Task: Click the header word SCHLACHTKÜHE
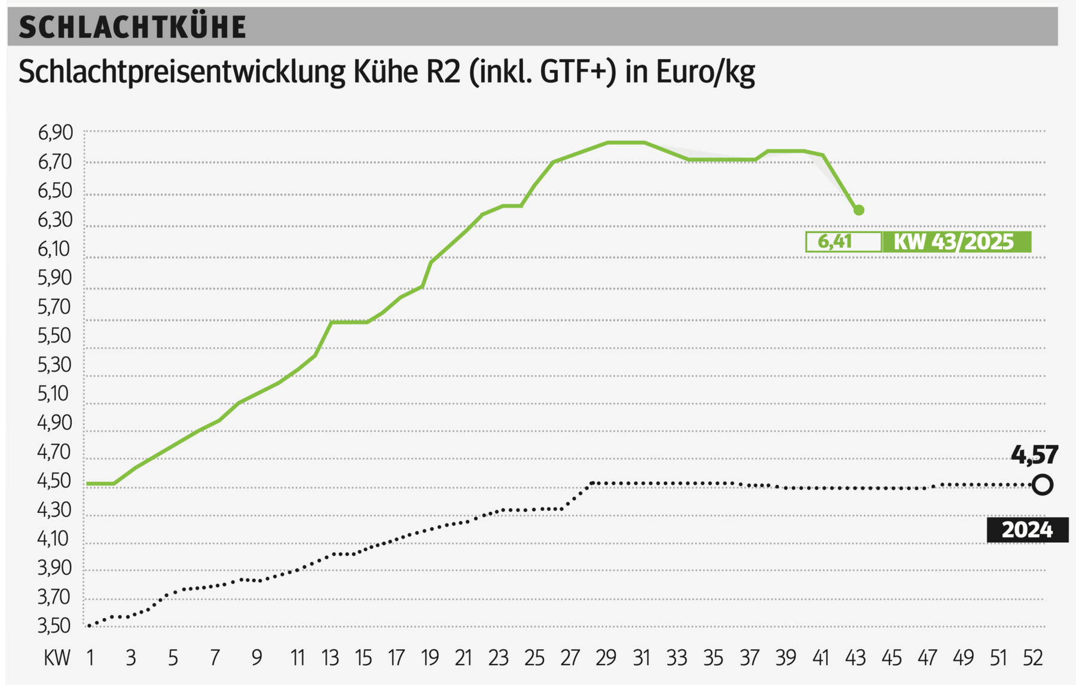132,27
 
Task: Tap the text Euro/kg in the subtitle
705,72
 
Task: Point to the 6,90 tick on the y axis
55,133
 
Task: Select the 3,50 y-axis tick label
54,626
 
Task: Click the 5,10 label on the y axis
54,393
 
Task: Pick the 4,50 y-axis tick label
54,481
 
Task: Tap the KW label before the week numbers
57,658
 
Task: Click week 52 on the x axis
1032,658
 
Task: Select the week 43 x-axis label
855,658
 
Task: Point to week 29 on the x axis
606,658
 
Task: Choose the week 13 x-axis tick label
330,658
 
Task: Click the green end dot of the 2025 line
859,210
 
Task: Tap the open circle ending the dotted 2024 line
1043,485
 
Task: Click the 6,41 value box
843,242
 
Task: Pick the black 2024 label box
1027,530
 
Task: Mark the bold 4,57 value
1034,455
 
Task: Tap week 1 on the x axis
90,658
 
